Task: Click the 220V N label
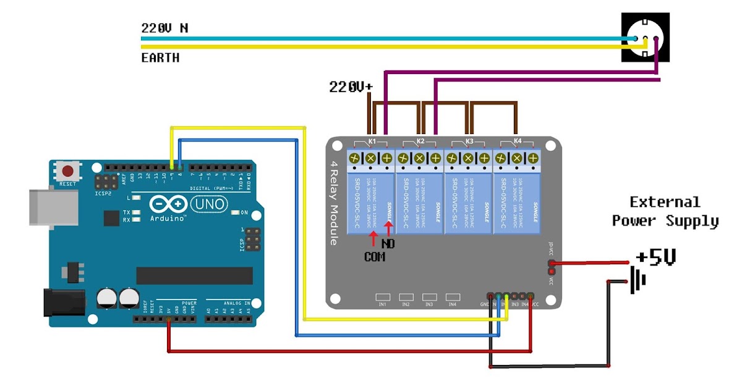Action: point(165,28)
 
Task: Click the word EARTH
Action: point(160,58)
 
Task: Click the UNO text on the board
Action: point(209,204)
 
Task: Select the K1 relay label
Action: point(372,141)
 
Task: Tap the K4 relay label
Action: point(517,141)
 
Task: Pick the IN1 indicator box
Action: point(382,297)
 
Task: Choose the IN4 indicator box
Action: point(452,297)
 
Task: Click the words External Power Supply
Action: point(665,211)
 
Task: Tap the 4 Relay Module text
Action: point(334,204)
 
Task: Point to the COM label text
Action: point(374,256)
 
